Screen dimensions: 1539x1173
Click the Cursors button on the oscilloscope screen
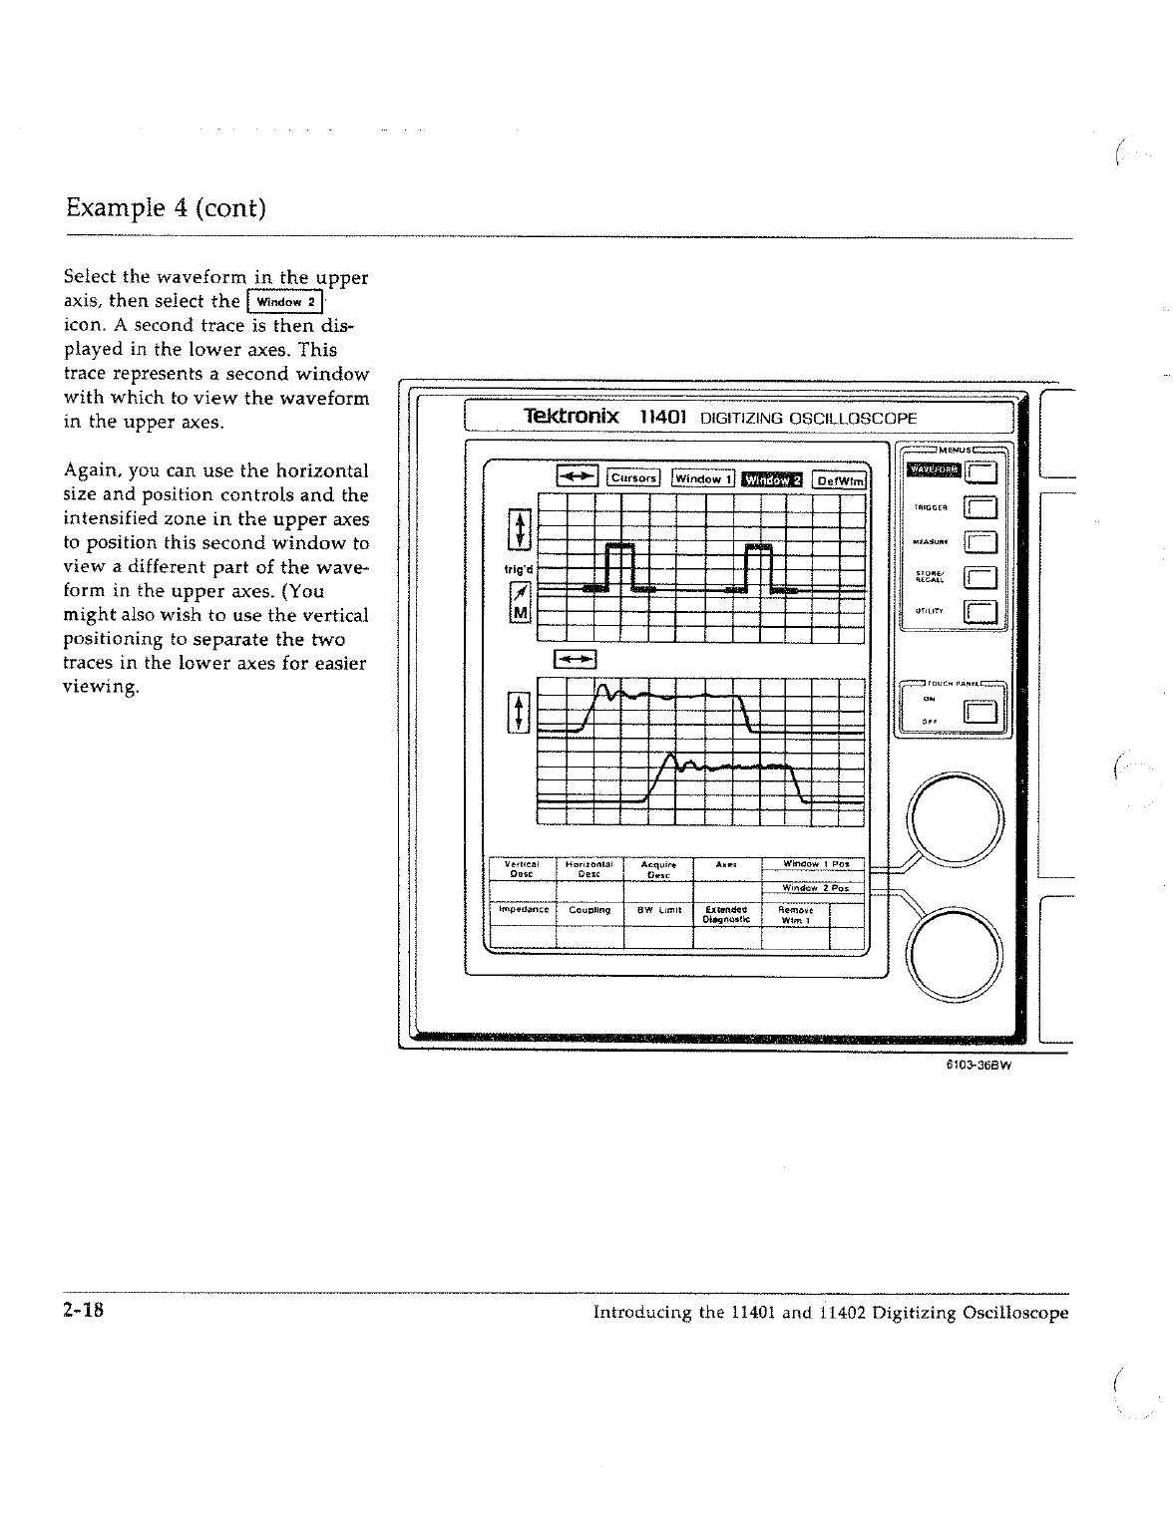click(633, 477)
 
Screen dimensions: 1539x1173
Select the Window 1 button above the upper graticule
click(703, 478)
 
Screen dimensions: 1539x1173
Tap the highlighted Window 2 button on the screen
click(773, 478)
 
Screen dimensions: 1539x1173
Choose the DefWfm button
click(840, 479)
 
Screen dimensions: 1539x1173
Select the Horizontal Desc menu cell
click(588, 868)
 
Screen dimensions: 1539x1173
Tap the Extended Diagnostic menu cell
click(725, 914)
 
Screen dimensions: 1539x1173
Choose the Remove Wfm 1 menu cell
click(795, 914)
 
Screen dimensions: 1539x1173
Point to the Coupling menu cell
click(588, 910)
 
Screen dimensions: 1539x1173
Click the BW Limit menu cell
click(657, 910)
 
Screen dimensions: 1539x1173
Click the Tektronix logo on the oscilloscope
click(572, 416)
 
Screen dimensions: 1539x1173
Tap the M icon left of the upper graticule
click(519, 611)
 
